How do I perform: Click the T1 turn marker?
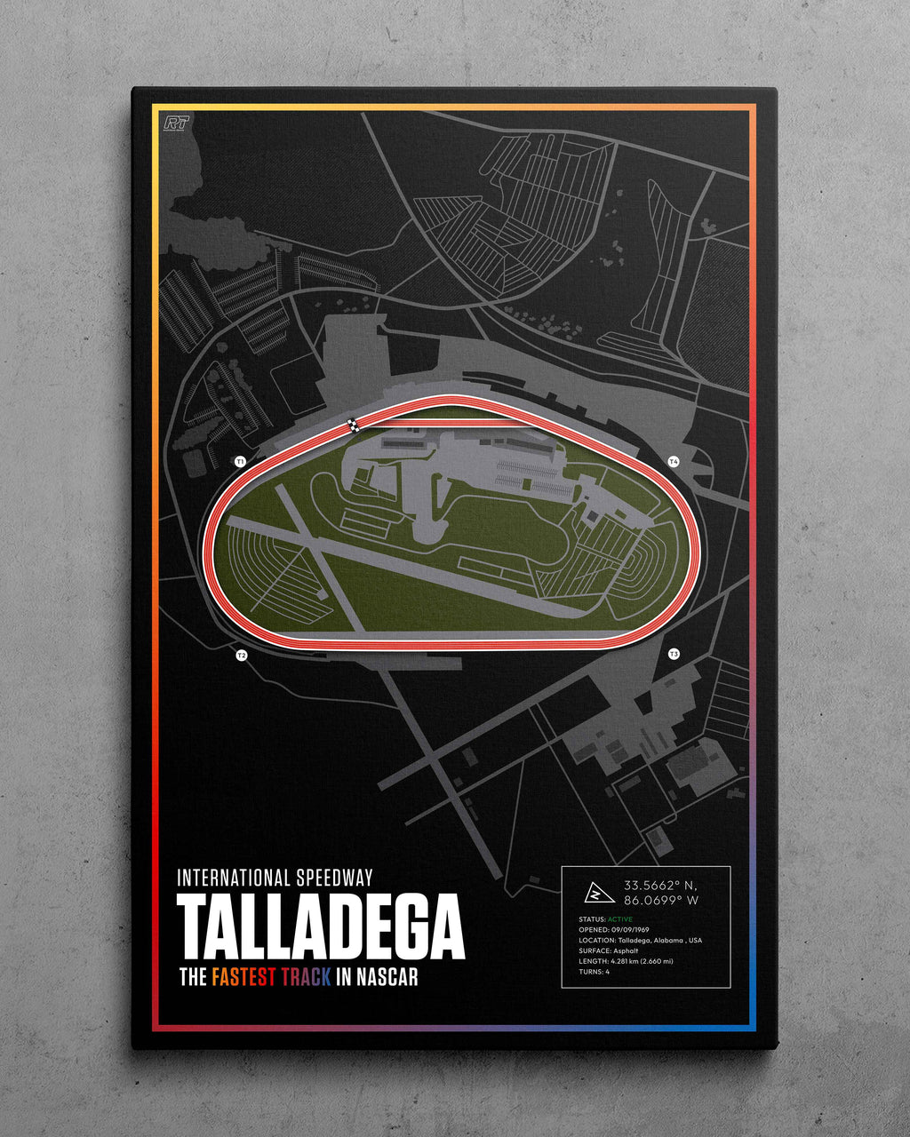click(x=239, y=462)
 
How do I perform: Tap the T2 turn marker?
click(x=241, y=656)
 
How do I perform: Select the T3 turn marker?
click(x=674, y=655)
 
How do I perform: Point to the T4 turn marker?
click(x=674, y=461)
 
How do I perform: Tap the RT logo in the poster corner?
click(x=177, y=123)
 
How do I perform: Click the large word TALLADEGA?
click(x=321, y=926)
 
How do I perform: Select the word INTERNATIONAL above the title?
click(x=235, y=879)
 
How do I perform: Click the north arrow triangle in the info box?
click(x=593, y=892)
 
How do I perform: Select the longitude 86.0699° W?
click(x=661, y=901)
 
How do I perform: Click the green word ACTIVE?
click(x=620, y=919)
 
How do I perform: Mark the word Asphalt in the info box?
click(x=626, y=950)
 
